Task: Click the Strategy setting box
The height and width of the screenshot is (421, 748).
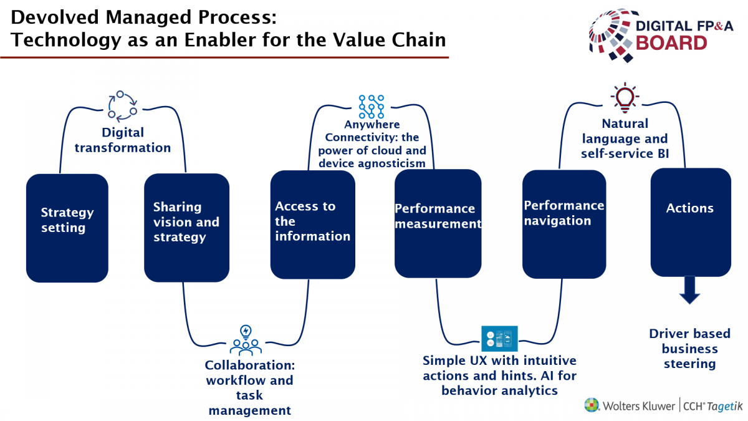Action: (x=67, y=228)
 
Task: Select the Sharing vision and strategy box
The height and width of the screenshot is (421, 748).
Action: (x=186, y=228)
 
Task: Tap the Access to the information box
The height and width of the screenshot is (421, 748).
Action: (x=312, y=225)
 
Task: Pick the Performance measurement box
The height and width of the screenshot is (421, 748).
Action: (x=438, y=223)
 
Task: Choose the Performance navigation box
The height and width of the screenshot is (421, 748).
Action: (x=564, y=224)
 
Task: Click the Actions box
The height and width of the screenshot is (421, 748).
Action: (x=691, y=222)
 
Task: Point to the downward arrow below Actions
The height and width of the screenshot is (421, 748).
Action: (x=689, y=290)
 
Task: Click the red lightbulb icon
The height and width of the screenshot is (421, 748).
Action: (x=625, y=97)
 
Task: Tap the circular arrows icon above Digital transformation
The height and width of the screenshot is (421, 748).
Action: (x=123, y=105)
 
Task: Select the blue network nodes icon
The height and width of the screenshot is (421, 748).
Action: (x=372, y=107)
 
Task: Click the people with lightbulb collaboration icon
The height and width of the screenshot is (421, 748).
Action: (x=246, y=340)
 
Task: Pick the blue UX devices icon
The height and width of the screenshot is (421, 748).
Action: (x=499, y=339)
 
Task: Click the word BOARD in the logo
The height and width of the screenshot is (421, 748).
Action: (x=671, y=43)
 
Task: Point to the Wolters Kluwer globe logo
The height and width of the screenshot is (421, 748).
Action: (x=592, y=405)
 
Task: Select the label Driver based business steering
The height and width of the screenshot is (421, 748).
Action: (x=690, y=349)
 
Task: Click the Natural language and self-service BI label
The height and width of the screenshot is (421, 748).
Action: (x=625, y=138)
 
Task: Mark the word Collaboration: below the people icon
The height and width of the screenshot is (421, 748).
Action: (x=250, y=365)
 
